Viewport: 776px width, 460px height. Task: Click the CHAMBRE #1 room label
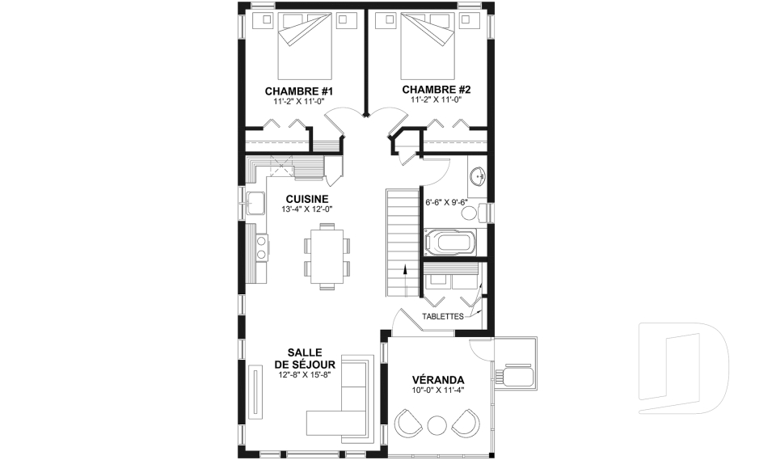[299, 91]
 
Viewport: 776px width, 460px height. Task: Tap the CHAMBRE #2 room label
[436, 90]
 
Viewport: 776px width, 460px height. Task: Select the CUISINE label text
[307, 199]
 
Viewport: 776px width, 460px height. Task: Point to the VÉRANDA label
[438, 380]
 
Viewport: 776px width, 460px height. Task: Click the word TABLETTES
[442, 316]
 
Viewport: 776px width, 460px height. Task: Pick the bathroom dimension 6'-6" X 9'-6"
[446, 202]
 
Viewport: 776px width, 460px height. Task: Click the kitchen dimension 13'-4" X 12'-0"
[307, 209]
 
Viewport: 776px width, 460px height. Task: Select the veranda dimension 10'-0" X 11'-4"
[438, 390]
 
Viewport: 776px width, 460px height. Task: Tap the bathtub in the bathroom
[449, 243]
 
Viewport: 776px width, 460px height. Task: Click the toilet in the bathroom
[474, 213]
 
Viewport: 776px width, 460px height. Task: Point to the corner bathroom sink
[479, 176]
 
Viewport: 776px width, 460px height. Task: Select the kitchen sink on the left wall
[256, 203]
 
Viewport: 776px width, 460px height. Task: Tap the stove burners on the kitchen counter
[261, 247]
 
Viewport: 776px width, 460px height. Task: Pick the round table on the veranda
[437, 426]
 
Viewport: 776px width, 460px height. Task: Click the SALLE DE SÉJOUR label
[305, 359]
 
